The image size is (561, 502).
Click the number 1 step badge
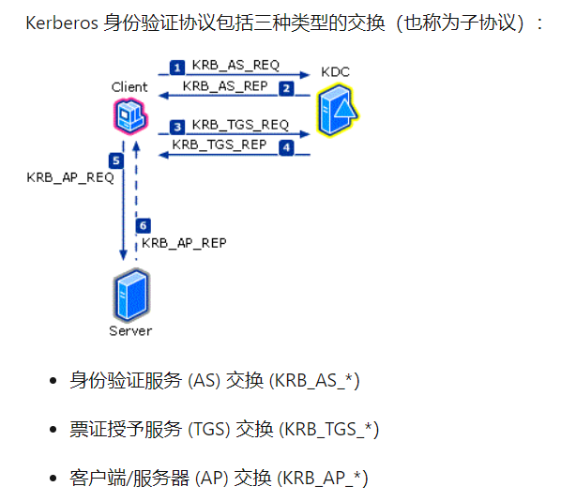(176, 67)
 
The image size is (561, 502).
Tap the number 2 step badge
(287, 87)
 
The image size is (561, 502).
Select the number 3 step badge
(176, 126)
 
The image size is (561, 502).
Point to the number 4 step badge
(286, 147)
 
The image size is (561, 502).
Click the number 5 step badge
(115, 160)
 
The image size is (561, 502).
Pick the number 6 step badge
(143, 226)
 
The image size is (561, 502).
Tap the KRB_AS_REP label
(225, 86)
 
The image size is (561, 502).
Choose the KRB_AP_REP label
(184, 242)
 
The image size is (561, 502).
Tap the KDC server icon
(338, 110)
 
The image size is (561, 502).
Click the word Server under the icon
(129, 330)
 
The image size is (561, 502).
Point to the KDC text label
(335, 71)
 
